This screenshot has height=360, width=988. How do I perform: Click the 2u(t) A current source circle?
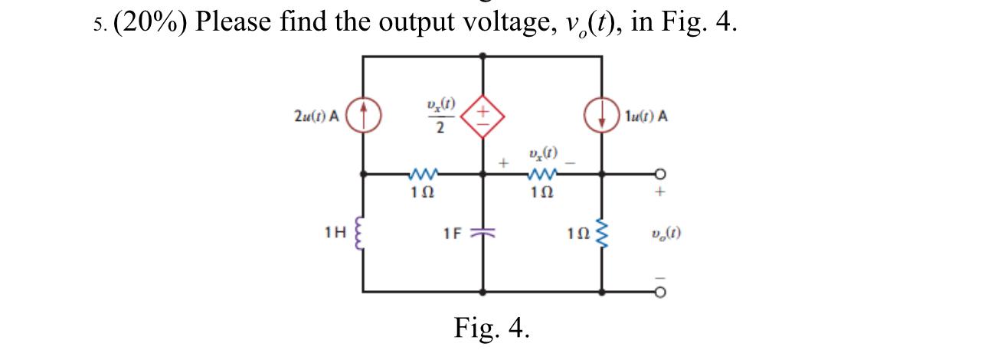(363, 117)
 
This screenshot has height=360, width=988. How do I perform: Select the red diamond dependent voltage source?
(483, 117)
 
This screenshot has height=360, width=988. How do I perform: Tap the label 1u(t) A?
(646, 117)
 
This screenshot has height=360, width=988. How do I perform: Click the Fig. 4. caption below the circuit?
(492, 328)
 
